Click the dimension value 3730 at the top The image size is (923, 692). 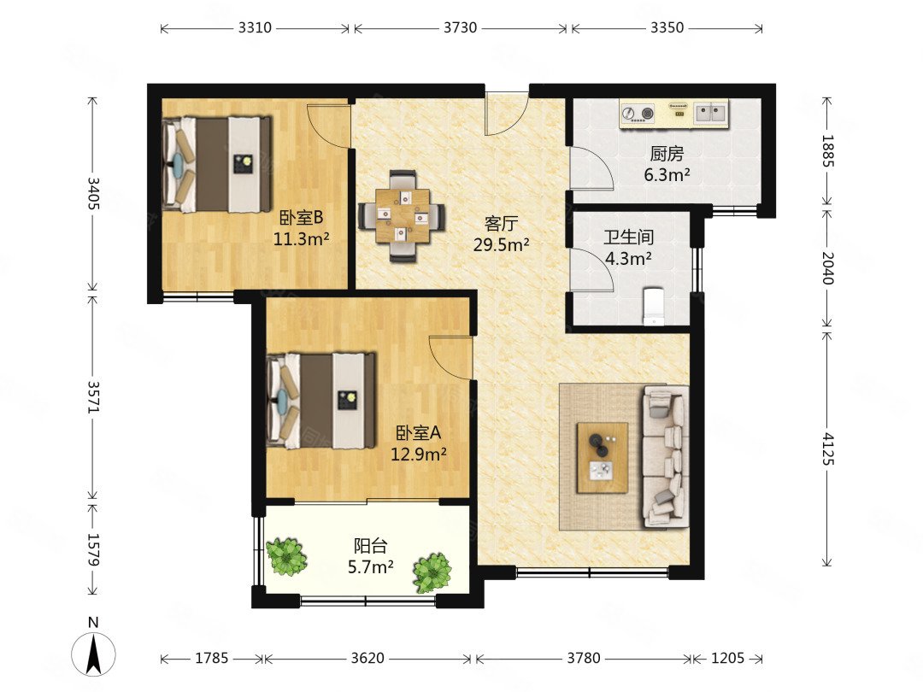point(460,27)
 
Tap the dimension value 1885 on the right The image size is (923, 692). point(827,151)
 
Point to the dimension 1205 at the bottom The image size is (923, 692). point(727,658)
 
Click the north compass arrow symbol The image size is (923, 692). point(93,654)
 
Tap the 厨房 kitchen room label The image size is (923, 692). point(667,154)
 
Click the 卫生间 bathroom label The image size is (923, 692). point(629,238)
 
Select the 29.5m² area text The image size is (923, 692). point(501,245)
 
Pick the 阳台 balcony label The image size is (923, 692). point(370,545)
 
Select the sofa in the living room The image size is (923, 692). point(666,456)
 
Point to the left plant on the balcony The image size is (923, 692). point(286,556)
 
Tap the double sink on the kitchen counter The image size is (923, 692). point(710,113)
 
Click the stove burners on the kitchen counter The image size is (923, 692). point(638,113)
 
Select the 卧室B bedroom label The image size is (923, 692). point(301,219)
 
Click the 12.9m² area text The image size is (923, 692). point(419,454)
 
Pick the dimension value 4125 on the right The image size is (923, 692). point(827,449)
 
